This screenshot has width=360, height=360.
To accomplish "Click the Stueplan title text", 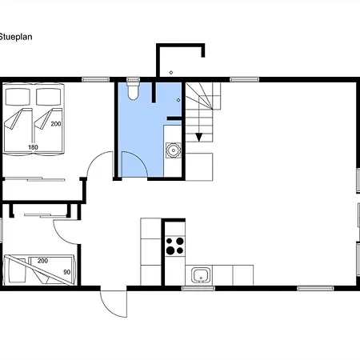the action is [x=16, y=37].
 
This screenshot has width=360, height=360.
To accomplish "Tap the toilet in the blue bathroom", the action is [x=133, y=90].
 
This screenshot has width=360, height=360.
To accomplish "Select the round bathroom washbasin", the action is [x=174, y=150].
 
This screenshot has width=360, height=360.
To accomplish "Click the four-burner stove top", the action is [x=175, y=246].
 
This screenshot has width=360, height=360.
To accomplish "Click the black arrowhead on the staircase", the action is [x=198, y=138].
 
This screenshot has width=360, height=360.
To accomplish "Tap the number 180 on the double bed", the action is [x=33, y=147].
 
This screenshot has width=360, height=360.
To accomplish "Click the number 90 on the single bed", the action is [x=67, y=272].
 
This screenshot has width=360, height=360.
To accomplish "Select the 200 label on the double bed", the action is [x=56, y=124].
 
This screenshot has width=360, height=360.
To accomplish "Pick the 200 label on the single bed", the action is [x=42, y=261].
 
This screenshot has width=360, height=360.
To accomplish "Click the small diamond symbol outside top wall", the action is [x=171, y=73].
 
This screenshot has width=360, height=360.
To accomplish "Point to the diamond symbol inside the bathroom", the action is [x=178, y=100].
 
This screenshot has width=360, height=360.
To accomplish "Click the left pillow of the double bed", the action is [x=18, y=97].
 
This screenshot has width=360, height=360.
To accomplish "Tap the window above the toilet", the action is [x=133, y=79].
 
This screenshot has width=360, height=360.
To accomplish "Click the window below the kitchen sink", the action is [x=198, y=288].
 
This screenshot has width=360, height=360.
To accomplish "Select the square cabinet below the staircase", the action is [x=199, y=167].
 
